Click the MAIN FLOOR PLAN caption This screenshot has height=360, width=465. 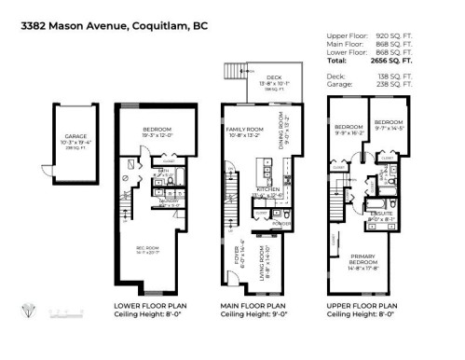coord(256,305)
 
